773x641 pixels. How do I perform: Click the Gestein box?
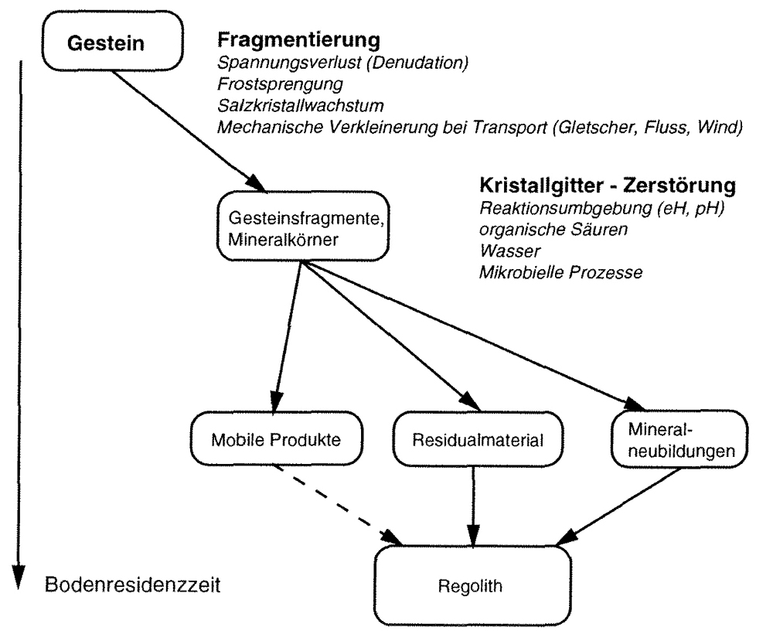pyautogui.click(x=113, y=42)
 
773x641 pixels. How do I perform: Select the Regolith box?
pyautogui.click(x=473, y=586)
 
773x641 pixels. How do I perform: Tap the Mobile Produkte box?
pyautogui.click(x=277, y=439)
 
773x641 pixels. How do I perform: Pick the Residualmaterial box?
pyautogui.click(x=478, y=439)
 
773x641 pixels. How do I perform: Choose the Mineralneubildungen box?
pyautogui.click(x=679, y=439)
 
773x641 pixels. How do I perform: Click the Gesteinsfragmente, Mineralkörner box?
pyautogui.click(x=303, y=227)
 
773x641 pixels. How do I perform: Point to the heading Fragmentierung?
pyautogui.click(x=298, y=39)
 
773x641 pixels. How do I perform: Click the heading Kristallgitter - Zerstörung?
pyautogui.click(x=608, y=186)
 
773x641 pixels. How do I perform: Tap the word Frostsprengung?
pyautogui.click(x=280, y=84)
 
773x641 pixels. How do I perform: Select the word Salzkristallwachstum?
pyautogui.click(x=301, y=105)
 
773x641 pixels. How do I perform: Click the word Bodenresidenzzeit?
pyautogui.click(x=133, y=585)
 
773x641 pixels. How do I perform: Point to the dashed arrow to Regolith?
pyautogui.click(x=339, y=506)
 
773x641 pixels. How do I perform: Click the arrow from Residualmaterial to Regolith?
pyautogui.click(x=473, y=506)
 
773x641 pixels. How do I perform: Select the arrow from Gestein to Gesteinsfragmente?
pyautogui.click(x=189, y=131)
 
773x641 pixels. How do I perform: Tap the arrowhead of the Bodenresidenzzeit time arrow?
pyautogui.click(x=19, y=577)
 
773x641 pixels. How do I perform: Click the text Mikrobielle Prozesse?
pyautogui.click(x=561, y=272)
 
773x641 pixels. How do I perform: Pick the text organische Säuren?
pyautogui.click(x=553, y=230)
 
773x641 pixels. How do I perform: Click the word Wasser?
pyautogui.click(x=510, y=251)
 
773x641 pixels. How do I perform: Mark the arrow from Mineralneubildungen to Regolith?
pyautogui.click(x=618, y=506)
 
